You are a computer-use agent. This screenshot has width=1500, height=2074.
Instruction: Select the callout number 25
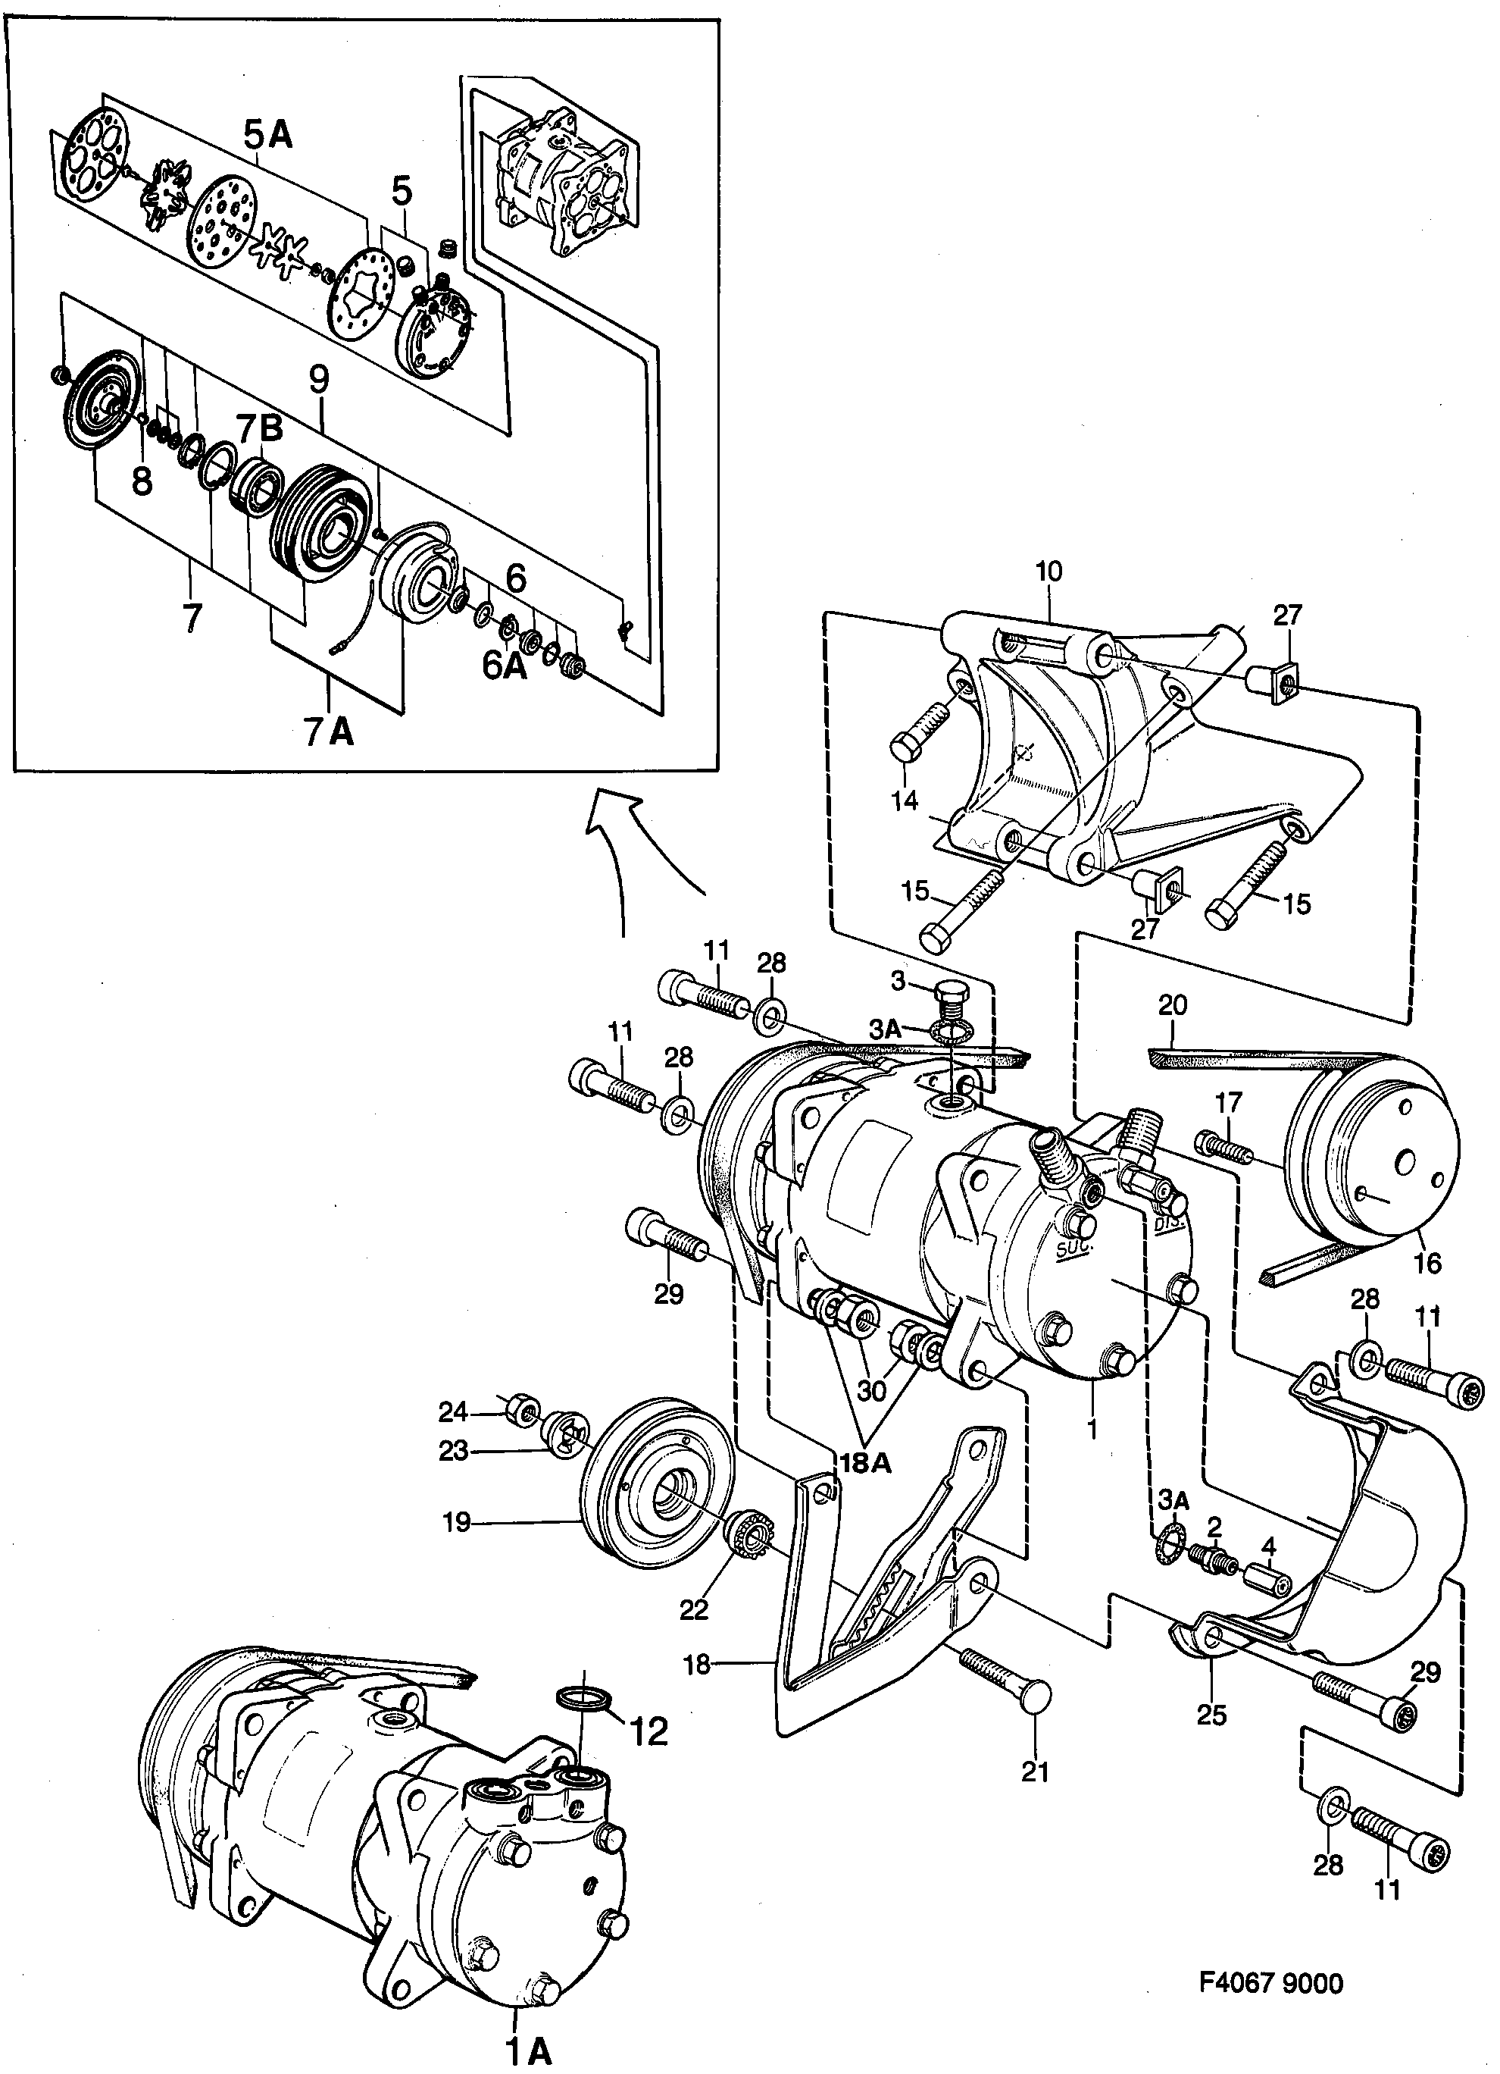pyautogui.click(x=1211, y=1715)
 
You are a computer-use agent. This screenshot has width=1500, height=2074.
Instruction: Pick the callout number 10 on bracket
pyautogui.click(x=1049, y=572)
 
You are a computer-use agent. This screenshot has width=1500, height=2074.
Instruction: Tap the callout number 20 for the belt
pyautogui.click(x=1173, y=1006)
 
